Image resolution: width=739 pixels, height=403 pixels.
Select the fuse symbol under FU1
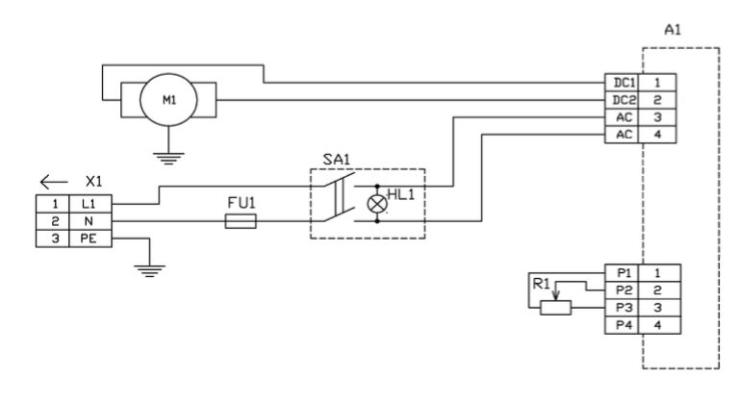(x=241, y=221)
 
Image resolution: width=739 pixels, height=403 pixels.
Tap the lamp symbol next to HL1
(x=377, y=204)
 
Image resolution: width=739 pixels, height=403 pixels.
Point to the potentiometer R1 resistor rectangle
(x=555, y=308)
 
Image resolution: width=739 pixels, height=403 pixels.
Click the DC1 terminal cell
(x=622, y=83)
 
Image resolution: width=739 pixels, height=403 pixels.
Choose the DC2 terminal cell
(x=622, y=100)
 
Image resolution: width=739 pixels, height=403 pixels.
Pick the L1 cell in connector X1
(x=90, y=204)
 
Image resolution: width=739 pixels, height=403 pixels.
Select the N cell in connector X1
(x=90, y=221)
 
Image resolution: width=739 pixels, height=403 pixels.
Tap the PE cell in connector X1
(x=90, y=239)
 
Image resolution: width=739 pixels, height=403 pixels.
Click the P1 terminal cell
(x=622, y=273)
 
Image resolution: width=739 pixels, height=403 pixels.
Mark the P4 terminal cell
(x=622, y=325)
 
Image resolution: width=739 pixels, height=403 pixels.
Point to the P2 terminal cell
(x=622, y=290)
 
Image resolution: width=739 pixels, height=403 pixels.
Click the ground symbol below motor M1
(x=168, y=159)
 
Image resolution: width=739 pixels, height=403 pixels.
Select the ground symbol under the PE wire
(x=149, y=271)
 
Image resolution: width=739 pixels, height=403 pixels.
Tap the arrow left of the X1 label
(x=54, y=182)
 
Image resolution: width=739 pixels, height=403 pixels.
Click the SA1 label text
(x=337, y=160)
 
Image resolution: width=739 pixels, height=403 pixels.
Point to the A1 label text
(x=673, y=30)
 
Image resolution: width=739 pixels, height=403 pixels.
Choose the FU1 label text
(x=242, y=203)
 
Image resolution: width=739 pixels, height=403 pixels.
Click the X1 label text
(x=93, y=182)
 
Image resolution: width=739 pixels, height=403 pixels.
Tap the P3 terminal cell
(x=622, y=308)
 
